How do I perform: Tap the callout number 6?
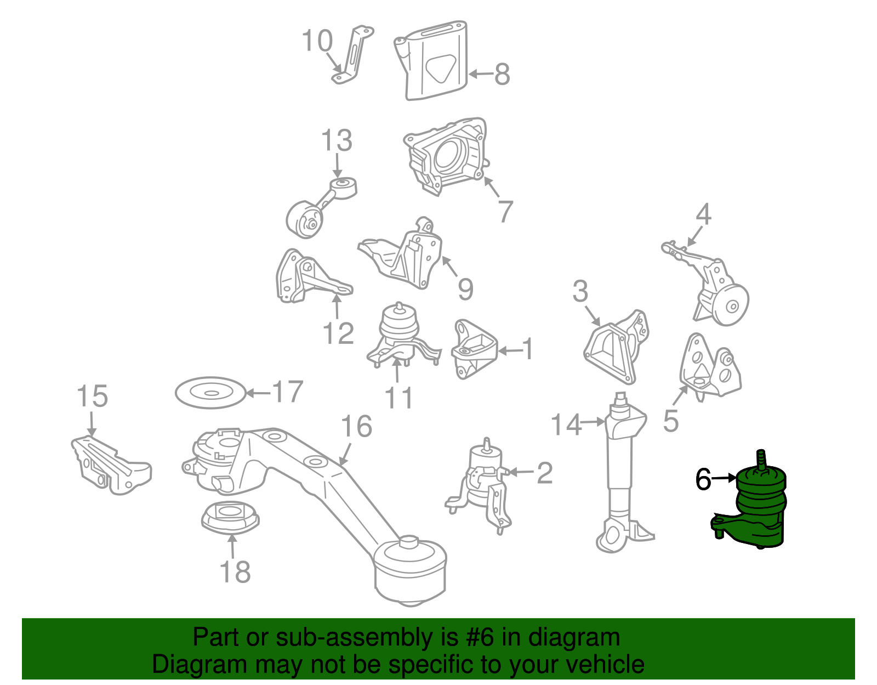(x=703, y=479)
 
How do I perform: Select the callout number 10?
(x=317, y=41)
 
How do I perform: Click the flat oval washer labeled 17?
(x=210, y=392)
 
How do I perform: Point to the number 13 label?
(x=337, y=140)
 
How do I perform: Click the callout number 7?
(x=505, y=211)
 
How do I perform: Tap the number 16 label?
(x=356, y=426)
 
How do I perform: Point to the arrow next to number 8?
(x=481, y=74)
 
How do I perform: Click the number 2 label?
(x=544, y=473)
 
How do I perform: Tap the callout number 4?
(x=703, y=214)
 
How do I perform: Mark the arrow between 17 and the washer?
(x=258, y=393)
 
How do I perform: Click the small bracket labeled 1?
(x=474, y=349)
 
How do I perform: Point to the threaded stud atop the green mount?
(x=761, y=460)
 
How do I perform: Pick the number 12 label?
(x=338, y=333)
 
